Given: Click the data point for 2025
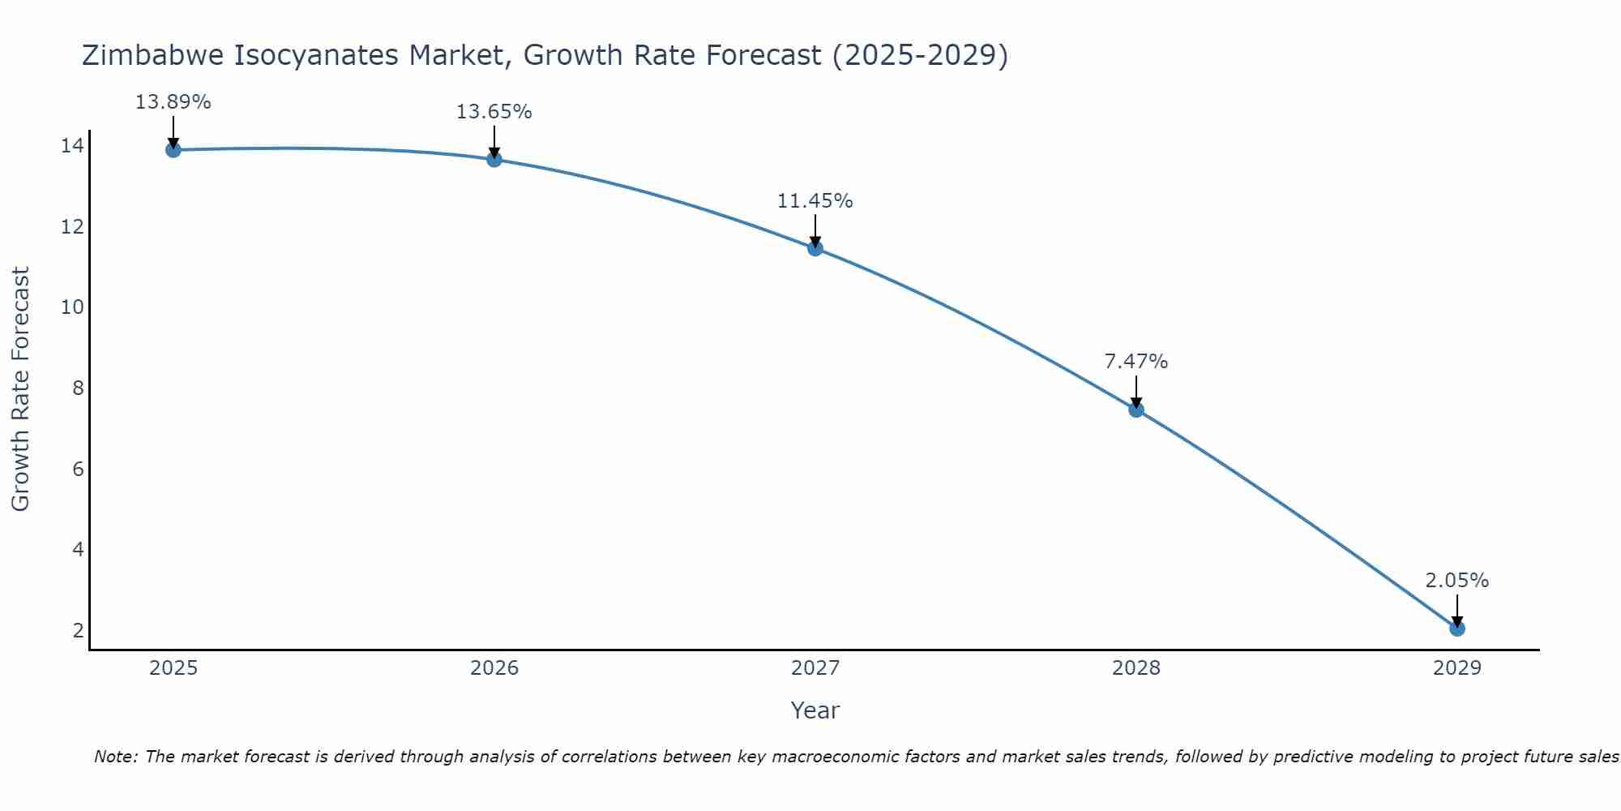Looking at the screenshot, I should pyautogui.click(x=173, y=149).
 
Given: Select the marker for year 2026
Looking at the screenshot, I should pyautogui.click(x=494, y=159).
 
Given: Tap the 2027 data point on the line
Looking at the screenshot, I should pyautogui.click(x=815, y=248).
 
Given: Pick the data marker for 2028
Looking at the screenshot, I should pyautogui.click(x=1136, y=410).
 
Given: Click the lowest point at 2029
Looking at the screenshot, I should pyautogui.click(x=1457, y=629).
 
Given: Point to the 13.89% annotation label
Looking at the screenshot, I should pyautogui.click(x=173, y=102).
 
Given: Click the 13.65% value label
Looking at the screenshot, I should pyautogui.click(x=494, y=112).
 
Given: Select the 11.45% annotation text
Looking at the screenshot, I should pyautogui.click(x=815, y=201).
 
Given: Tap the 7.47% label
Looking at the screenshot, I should pyautogui.click(x=1136, y=362).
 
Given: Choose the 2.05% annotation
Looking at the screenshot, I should pyautogui.click(x=1456, y=581).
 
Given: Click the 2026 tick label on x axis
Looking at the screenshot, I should pyautogui.click(x=494, y=668).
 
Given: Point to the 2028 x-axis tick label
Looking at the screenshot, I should pyautogui.click(x=1136, y=668).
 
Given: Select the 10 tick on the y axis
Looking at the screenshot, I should pyautogui.click(x=72, y=307).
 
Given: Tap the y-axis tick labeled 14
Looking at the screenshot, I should pyautogui.click(x=72, y=146).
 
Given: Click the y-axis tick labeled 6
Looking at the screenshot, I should pyautogui.click(x=78, y=469).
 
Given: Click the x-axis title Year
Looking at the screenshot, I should pyautogui.click(x=815, y=710).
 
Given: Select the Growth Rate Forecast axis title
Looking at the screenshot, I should pyautogui.click(x=20, y=388).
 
